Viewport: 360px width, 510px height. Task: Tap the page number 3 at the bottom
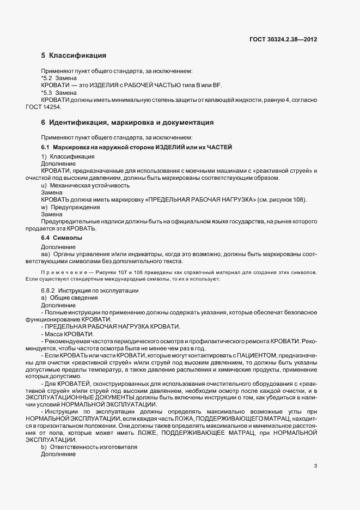pyautogui.click(x=316, y=466)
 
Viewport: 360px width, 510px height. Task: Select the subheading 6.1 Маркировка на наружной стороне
pyautogui.click(x=136, y=148)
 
